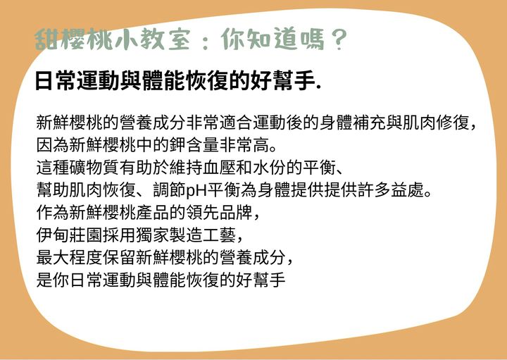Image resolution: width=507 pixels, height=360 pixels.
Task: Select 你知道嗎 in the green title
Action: point(273,40)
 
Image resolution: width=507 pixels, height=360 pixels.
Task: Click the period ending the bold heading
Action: point(319,88)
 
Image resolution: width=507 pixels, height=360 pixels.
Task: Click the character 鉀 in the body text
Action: point(178,145)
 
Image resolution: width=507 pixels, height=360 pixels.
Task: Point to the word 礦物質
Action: point(94,168)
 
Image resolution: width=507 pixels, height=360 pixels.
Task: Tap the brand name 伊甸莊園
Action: point(69,235)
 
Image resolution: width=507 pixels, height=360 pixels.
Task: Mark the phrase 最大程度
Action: point(69,257)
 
